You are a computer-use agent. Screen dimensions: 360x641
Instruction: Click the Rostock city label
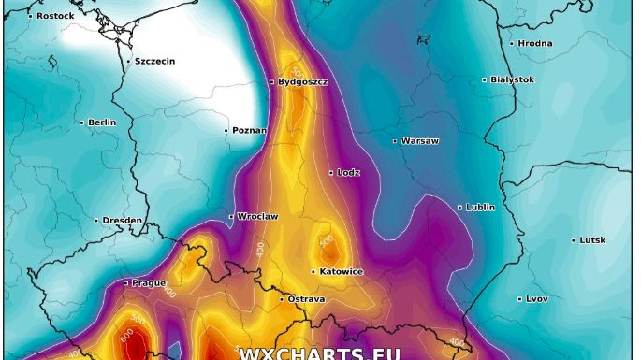click(55, 16)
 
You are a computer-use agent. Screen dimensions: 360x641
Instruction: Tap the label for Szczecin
click(154, 62)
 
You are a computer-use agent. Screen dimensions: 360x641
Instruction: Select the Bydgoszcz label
click(302, 82)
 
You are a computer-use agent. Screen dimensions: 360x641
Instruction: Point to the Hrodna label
click(534, 44)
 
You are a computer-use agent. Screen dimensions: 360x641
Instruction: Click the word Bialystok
click(512, 80)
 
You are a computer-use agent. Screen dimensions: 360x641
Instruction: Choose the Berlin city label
click(102, 122)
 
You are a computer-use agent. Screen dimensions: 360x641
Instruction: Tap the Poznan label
click(249, 131)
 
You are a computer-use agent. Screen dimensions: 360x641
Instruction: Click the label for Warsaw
click(419, 141)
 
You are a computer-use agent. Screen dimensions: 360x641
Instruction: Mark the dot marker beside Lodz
click(331, 173)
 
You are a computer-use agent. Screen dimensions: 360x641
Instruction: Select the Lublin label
click(480, 208)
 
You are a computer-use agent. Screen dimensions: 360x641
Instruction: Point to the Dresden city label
click(123, 221)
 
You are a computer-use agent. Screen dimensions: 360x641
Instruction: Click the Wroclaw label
click(257, 217)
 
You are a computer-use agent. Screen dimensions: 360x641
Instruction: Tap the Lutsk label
click(592, 240)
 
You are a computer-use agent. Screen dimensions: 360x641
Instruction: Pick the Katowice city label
click(341, 272)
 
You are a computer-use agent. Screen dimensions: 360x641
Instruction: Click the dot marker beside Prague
click(125, 283)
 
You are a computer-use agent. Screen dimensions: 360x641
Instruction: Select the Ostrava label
click(306, 299)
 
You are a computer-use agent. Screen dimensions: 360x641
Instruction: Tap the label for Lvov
click(537, 299)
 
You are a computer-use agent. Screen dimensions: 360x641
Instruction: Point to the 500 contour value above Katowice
click(327, 241)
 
